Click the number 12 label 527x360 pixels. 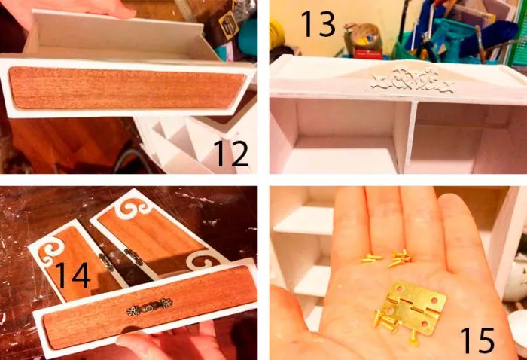[x=231, y=154]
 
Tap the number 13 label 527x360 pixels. [x=318, y=23]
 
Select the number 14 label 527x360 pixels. [x=72, y=276]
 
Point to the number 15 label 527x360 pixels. [x=477, y=340]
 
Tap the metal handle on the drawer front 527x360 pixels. [x=149, y=307]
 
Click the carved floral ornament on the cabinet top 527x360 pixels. [x=413, y=81]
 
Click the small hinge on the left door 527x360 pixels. [x=107, y=262]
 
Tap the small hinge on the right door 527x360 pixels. [x=133, y=256]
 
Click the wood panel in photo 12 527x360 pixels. [x=127, y=87]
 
